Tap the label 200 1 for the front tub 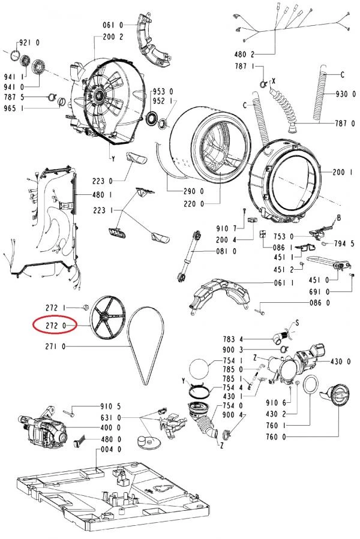pyautogui.click(x=344, y=171)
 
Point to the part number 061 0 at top pyautogui.click(x=112, y=25)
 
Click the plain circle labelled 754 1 pyautogui.click(x=200, y=367)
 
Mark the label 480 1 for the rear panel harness pyautogui.click(x=103, y=194)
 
